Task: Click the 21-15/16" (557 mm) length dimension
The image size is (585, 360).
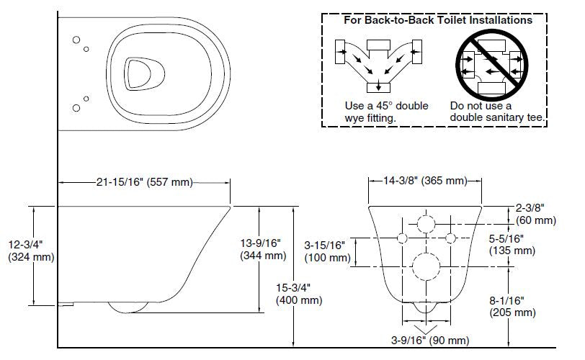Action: click(x=144, y=182)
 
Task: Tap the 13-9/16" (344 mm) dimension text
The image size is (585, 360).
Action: click(x=262, y=248)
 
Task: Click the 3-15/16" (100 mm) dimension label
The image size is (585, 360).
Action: click(x=326, y=251)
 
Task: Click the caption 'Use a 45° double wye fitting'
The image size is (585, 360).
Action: click(x=386, y=111)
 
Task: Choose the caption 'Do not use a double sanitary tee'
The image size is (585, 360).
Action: click(x=497, y=111)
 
